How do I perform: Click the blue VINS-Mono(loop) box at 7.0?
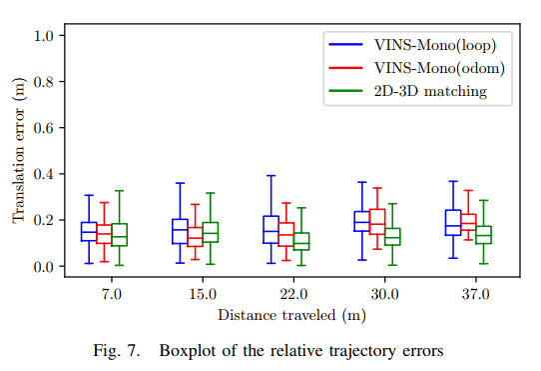(89, 231)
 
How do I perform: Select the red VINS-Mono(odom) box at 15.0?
(196, 236)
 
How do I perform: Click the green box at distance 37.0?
(483, 235)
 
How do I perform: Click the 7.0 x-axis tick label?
(111, 295)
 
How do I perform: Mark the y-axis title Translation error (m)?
(18, 151)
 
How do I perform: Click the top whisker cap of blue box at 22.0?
(270, 176)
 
